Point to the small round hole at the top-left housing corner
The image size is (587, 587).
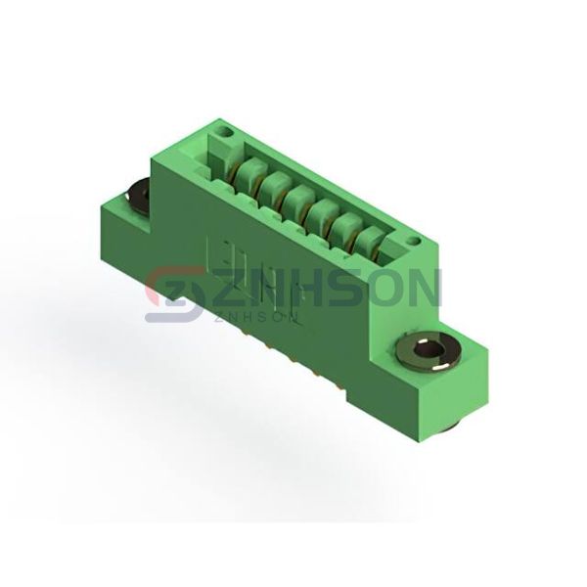pyautogui.click(x=226, y=132)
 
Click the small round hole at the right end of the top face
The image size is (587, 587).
pyautogui.click(x=413, y=240)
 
